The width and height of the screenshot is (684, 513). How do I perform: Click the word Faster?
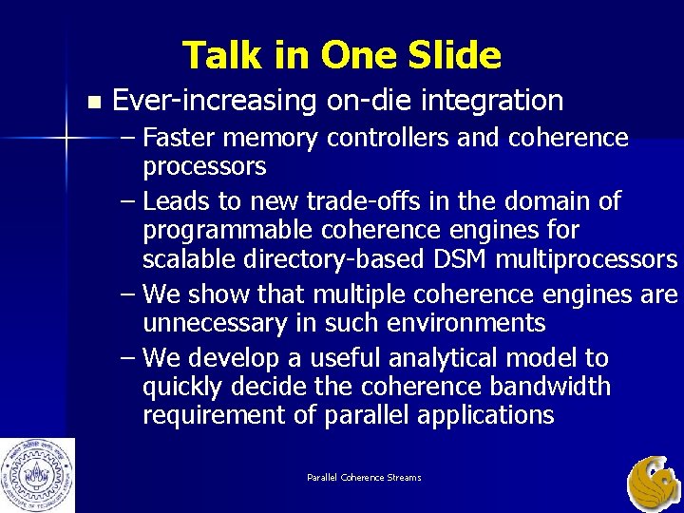click(x=186, y=138)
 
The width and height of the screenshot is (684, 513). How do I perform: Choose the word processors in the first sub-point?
click(x=204, y=166)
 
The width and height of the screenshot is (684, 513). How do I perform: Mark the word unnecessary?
click(x=215, y=323)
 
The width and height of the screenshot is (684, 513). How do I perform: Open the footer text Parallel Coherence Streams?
click(x=364, y=477)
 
